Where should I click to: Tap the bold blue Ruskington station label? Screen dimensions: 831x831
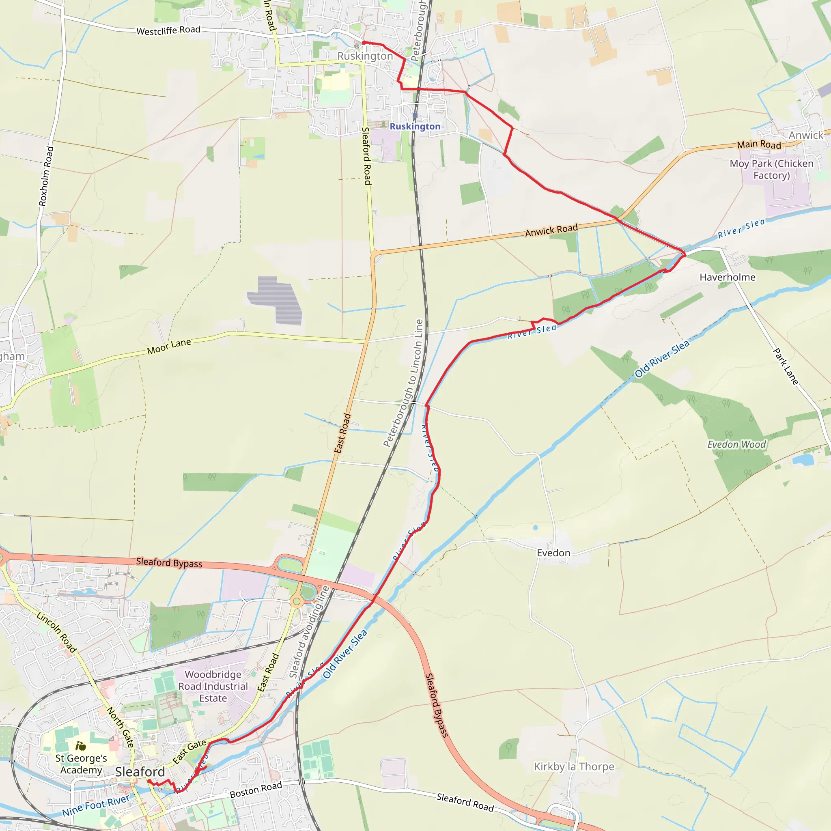415,127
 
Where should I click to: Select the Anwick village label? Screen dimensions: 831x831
805,136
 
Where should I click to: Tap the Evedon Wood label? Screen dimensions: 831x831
736,444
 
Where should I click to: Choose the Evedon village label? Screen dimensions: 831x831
553,553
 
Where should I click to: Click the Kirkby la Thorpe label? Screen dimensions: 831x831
574,766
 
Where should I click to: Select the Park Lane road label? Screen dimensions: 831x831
786,366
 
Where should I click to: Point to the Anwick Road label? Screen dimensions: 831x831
551,230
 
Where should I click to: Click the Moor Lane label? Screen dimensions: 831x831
169,346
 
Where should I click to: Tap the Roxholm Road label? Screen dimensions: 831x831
46,177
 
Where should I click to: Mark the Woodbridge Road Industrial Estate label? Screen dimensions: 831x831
213,686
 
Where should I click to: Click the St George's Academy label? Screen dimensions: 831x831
81,764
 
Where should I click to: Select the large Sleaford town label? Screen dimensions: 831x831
140,772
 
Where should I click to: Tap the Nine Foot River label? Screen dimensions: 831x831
95,805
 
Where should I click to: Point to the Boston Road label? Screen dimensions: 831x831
256,790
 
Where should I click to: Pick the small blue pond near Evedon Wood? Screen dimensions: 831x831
803,460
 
